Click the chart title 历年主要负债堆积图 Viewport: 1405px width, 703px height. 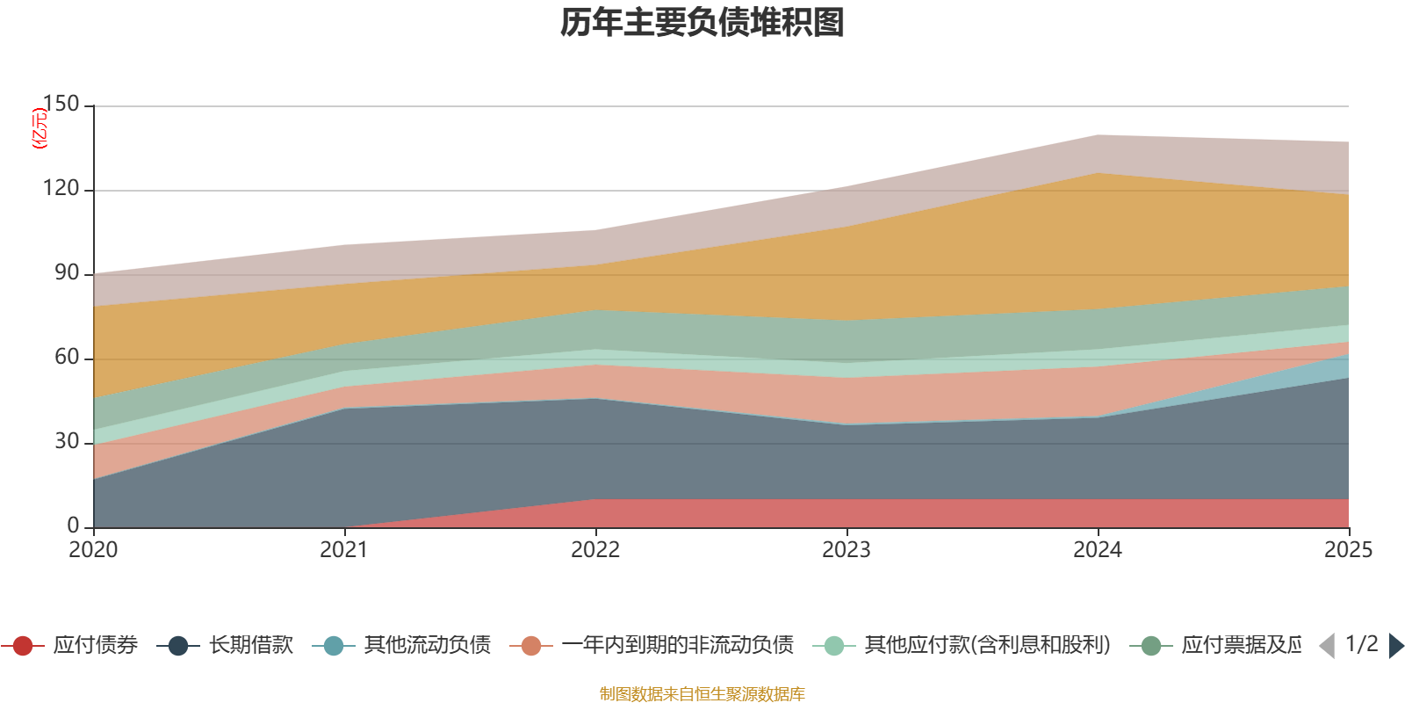(x=702, y=23)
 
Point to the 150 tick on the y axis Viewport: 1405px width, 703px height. (x=61, y=105)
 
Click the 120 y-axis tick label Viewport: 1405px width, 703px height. (x=61, y=189)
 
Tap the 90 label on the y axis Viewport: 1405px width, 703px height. (x=67, y=273)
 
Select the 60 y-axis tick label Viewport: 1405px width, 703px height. (x=67, y=358)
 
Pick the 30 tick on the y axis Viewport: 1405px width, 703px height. (x=67, y=442)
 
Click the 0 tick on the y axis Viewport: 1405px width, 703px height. (x=73, y=526)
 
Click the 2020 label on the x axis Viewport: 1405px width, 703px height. (x=93, y=550)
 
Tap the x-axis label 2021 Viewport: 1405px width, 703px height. (x=344, y=550)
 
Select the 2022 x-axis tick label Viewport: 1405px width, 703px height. (x=595, y=550)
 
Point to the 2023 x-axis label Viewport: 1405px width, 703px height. (x=847, y=550)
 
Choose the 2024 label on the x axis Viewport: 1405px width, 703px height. (x=1098, y=550)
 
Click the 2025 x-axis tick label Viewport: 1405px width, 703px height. (x=1348, y=550)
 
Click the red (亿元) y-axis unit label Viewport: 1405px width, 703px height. (x=40, y=128)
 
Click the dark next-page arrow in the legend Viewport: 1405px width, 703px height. (x=1396, y=646)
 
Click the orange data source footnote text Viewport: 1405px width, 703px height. (x=702, y=694)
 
